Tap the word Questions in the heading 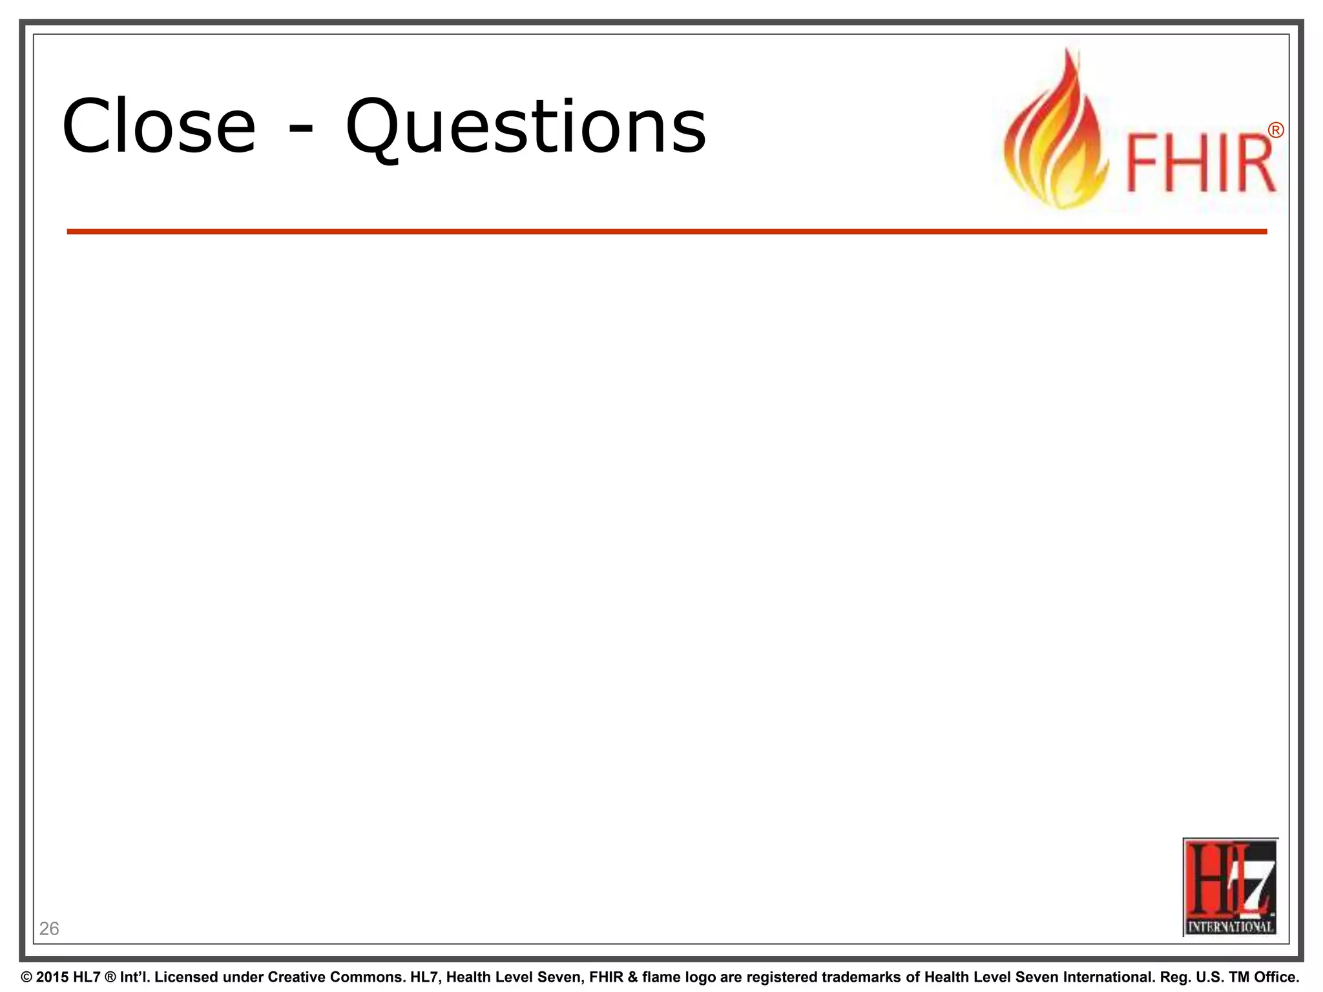pos(526,127)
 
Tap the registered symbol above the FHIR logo pos(1275,131)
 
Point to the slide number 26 pos(49,929)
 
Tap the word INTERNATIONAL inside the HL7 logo pos(1231,927)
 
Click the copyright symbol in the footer pos(26,977)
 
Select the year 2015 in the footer pos(52,977)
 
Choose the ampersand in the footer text pos(633,977)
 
